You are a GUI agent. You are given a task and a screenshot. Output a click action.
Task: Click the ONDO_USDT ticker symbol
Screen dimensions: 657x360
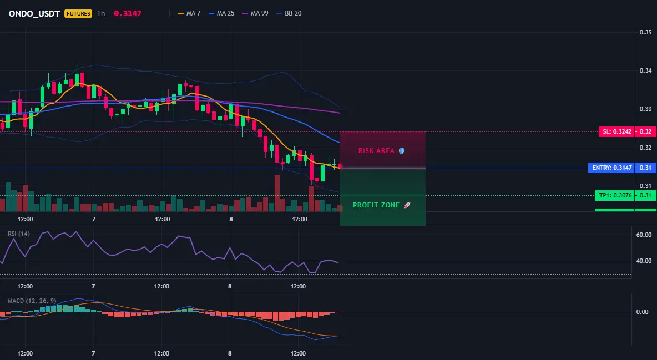tap(34, 13)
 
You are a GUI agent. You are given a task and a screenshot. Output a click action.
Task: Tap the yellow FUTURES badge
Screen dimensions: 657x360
tap(78, 13)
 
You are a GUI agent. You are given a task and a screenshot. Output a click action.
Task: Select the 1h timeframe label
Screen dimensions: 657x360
tap(101, 13)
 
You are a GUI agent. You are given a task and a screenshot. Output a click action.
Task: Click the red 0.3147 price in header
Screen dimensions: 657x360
tap(128, 13)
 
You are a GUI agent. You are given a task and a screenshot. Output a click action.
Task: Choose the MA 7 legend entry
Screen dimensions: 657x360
tap(189, 13)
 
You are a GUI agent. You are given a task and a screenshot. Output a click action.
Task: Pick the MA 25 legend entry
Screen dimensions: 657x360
tap(221, 13)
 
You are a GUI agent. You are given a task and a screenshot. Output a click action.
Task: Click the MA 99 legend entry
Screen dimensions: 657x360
tap(255, 13)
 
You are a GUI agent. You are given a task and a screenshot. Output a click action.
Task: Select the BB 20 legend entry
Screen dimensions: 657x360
tap(289, 13)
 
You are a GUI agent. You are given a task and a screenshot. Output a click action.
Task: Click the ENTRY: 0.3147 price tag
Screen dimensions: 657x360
tap(611, 168)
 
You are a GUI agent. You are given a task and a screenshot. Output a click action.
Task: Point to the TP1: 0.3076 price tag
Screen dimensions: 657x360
tap(614, 195)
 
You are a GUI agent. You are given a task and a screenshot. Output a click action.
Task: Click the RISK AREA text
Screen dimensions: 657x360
tap(376, 151)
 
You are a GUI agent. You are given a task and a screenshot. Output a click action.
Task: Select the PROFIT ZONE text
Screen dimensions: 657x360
tap(376, 205)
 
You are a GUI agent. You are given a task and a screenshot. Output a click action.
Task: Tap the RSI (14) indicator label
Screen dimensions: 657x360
tap(19, 234)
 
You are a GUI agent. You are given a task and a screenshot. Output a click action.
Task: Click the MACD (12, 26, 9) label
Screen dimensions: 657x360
tap(32, 301)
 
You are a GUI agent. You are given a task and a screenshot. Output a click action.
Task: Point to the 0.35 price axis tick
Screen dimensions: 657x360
tap(645, 32)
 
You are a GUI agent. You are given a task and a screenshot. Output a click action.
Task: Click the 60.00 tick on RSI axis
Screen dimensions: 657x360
tap(644, 235)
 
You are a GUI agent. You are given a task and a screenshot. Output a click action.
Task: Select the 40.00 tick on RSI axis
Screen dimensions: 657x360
tap(644, 261)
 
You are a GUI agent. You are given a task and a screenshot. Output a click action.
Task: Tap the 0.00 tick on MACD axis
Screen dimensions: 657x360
tap(643, 312)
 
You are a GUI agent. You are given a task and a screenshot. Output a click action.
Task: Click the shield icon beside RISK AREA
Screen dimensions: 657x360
tap(401, 151)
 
